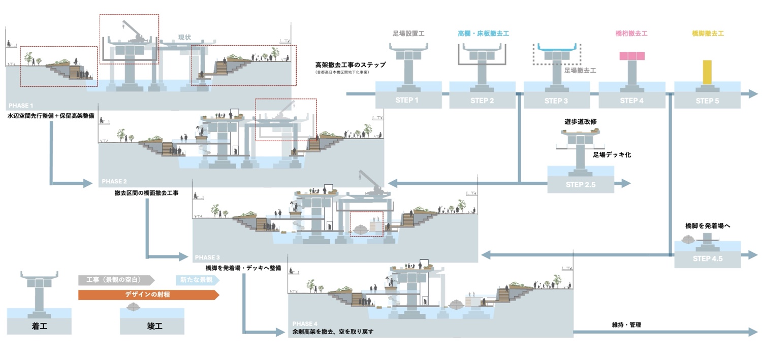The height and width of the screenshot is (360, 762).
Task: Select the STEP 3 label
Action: click(556, 101)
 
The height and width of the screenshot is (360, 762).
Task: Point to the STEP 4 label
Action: click(631, 101)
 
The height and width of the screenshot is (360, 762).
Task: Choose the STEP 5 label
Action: click(707, 101)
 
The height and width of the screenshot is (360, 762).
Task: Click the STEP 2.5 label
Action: click(580, 185)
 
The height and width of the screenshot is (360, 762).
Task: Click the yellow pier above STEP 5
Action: click(707, 72)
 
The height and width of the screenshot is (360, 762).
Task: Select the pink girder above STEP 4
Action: click(631, 56)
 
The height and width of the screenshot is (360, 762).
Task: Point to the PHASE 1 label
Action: click(21, 106)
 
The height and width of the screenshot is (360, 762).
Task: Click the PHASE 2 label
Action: click(114, 181)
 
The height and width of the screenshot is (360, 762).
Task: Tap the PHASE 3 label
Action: click(207, 257)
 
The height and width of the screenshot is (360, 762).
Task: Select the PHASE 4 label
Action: click(305, 323)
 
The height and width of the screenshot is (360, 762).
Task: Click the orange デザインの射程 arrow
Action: click(148, 294)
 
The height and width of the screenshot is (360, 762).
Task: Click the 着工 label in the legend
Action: click(39, 327)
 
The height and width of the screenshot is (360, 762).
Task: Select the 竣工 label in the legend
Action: click(151, 327)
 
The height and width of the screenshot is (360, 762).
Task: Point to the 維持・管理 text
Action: click(626, 324)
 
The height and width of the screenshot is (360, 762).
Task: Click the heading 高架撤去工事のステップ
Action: click(350, 65)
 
